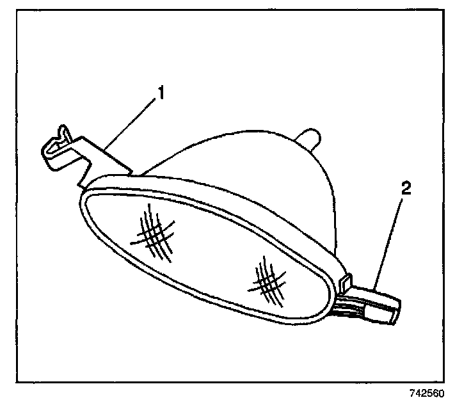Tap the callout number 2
(x=407, y=189)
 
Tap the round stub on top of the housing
(x=310, y=137)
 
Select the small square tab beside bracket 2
(x=347, y=280)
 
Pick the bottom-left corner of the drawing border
(x=17, y=383)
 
